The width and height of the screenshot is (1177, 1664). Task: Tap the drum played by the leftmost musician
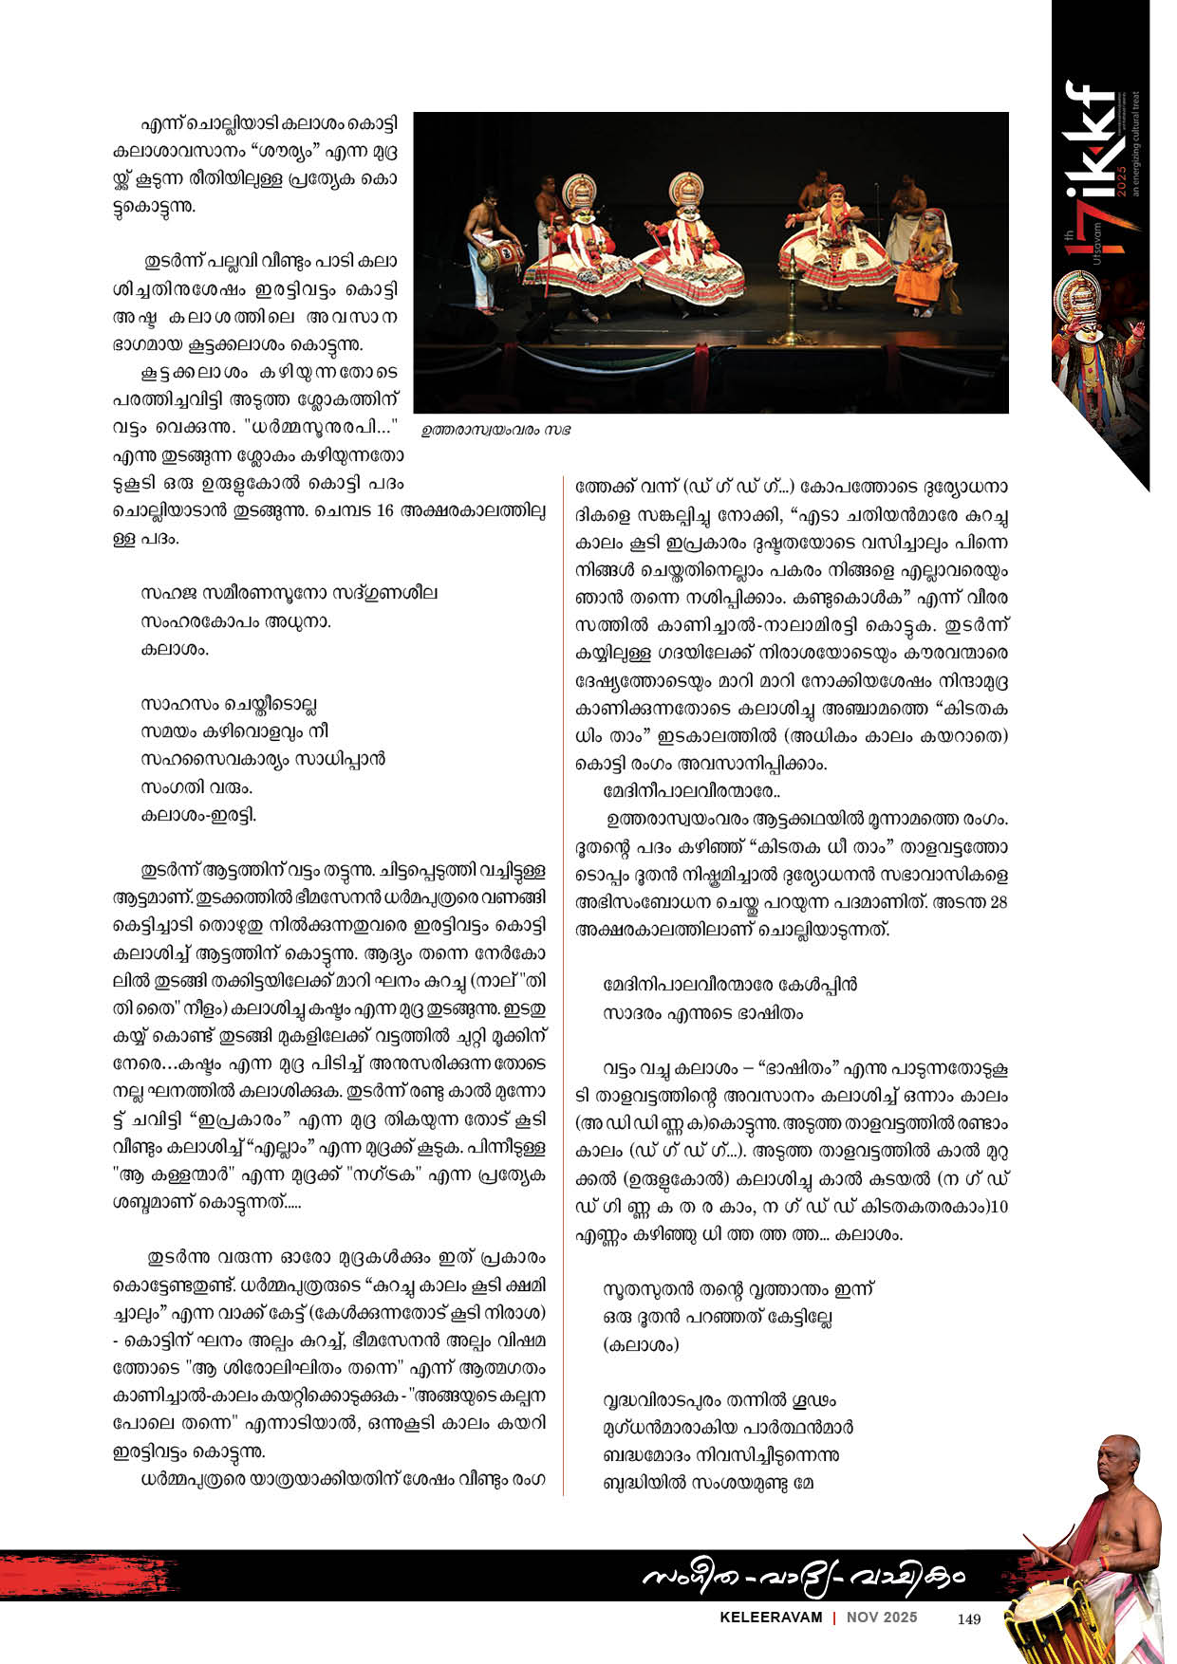click(495, 254)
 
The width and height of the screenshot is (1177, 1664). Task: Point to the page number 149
click(968, 1619)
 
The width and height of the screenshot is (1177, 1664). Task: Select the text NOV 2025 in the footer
click(882, 1618)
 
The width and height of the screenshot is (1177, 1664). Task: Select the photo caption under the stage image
click(496, 430)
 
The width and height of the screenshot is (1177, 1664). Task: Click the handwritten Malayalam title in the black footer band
click(803, 1577)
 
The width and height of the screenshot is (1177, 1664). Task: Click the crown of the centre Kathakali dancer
click(685, 189)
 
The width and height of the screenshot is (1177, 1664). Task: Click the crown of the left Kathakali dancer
click(579, 191)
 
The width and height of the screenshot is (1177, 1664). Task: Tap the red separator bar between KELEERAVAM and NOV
click(834, 1618)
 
